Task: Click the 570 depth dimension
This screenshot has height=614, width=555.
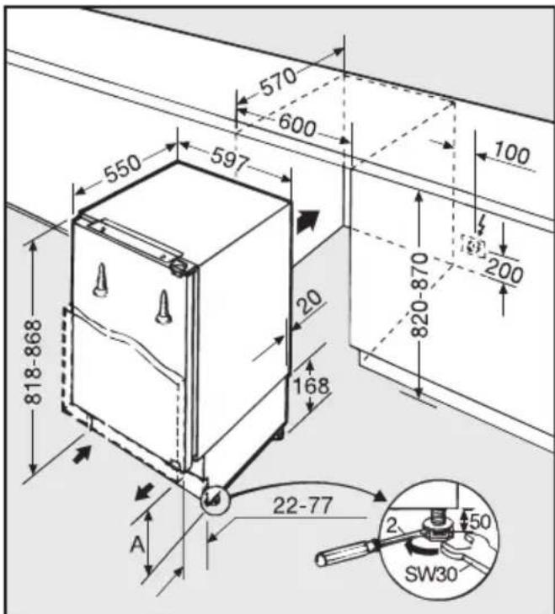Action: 279,82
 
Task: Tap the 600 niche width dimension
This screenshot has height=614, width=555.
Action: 297,126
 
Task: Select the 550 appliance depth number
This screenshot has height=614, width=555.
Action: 123,169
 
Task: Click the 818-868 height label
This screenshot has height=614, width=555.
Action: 33,362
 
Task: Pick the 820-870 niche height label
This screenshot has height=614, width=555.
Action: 419,296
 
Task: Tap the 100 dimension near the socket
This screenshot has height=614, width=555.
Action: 511,153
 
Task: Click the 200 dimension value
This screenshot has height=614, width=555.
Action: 504,270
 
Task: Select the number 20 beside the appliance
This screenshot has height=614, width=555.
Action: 311,302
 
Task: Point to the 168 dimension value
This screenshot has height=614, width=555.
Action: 312,386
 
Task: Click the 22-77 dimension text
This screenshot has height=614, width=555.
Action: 302,505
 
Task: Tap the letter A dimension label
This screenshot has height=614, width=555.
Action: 137,544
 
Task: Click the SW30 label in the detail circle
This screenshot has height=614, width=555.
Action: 431,574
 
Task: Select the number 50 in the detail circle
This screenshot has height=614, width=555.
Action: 479,521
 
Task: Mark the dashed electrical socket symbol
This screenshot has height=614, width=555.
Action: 473,247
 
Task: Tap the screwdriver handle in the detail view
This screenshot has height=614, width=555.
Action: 348,552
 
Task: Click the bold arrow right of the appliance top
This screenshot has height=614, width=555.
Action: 308,221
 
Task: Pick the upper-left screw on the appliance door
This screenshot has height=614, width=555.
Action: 101,280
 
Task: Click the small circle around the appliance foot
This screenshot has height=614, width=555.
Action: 214,499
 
